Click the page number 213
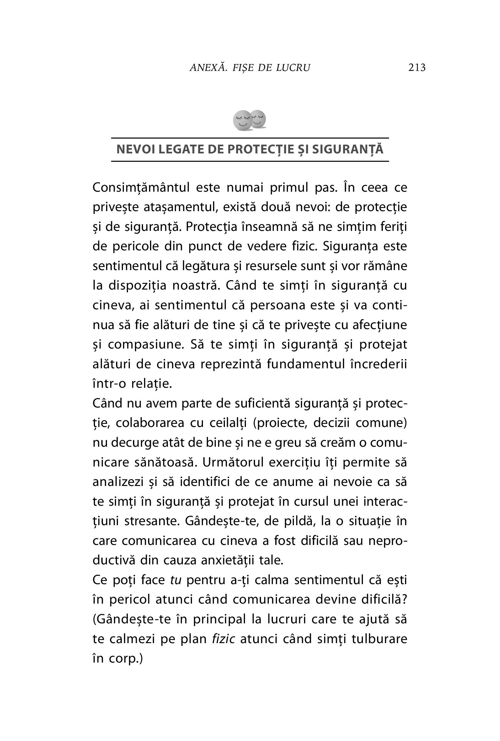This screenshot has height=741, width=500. click(x=417, y=67)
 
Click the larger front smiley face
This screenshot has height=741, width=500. click(x=242, y=120)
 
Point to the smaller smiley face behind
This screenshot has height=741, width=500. click(x=258, y=119)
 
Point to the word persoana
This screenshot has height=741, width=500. click(x=275, y=305)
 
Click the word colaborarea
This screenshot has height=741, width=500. click(x=150, y=423)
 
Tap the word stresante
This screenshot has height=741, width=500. click(x=150, y=521)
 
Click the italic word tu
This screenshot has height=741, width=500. click(x=176, y=580)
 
